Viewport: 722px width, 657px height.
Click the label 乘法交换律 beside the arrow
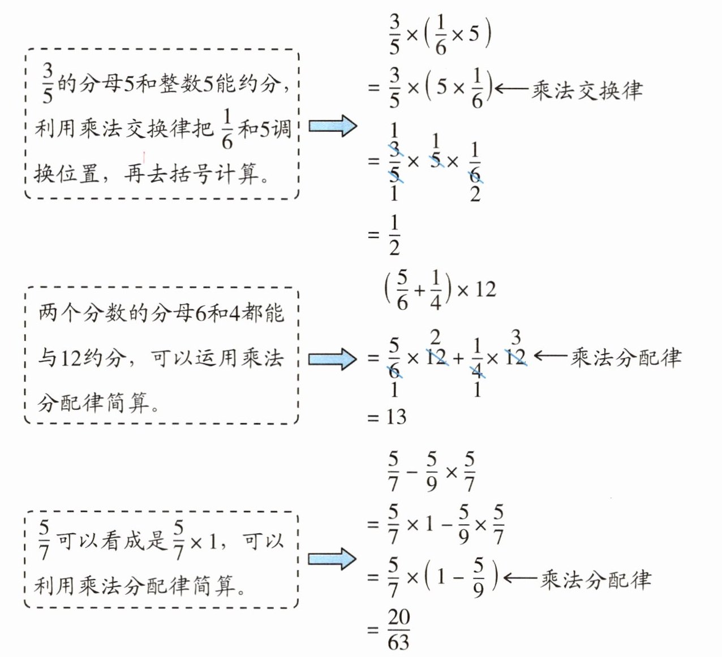coord(587,90)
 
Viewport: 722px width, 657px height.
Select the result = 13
coord(387,417)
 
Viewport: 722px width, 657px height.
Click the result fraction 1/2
coord(394,235)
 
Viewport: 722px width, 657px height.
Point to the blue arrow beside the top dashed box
coord(333,126)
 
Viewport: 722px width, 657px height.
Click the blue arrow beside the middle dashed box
coord(333,358)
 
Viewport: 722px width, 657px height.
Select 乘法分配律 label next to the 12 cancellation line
coord(626,357)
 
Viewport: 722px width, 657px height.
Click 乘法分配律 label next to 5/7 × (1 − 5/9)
coord(596,580)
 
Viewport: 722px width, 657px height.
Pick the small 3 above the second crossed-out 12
coord(516,338)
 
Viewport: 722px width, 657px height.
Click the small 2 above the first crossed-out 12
coord(436,338)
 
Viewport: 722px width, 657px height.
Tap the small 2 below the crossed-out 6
coord(475,194)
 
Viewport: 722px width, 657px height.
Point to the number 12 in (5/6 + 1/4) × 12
coord(485,290)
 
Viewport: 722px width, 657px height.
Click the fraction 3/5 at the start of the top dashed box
coord(48,84)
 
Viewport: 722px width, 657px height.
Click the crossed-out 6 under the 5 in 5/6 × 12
coord(394,371)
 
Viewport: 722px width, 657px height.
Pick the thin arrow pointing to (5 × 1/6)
coord(512,89)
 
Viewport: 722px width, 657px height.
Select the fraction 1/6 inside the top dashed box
coord(227,129)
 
